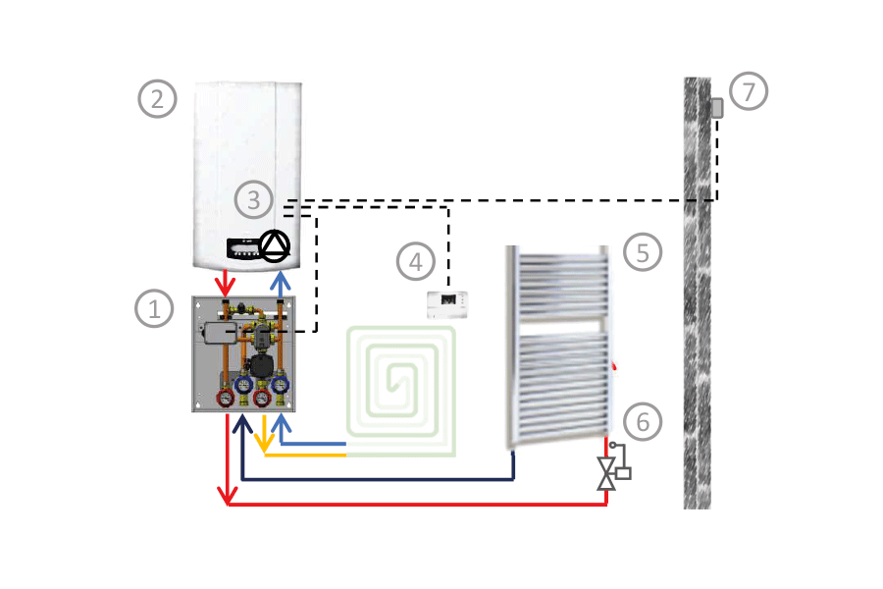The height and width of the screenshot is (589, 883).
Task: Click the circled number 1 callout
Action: pyautogui.click(x=154, y=309)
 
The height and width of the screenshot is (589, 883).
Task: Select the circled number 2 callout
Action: pyautogui.click(x=157, y=98)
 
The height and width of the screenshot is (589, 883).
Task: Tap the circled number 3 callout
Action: pyautogui.click(x=254, y=200)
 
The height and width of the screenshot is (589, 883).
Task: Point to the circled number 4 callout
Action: pyautogui.click(x=416, y=261)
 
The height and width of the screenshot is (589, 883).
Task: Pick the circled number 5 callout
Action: pyautogui.click(x=643, y=252)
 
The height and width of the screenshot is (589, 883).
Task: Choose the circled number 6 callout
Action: pyautogui.click(x=643, y=422)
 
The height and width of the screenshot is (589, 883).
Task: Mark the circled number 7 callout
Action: pyautogui.click(x=749, y=91)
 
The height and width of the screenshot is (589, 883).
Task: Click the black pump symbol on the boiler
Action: pyautogui.click(x=276, y=245)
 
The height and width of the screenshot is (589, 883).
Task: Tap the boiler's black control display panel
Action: pyautogui.click(x=241, y=248)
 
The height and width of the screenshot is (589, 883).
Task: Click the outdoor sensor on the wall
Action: pyautogui.click(x=717, y=108)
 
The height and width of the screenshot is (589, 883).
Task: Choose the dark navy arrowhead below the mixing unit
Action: pyautogui.click(x=242, y=424)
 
